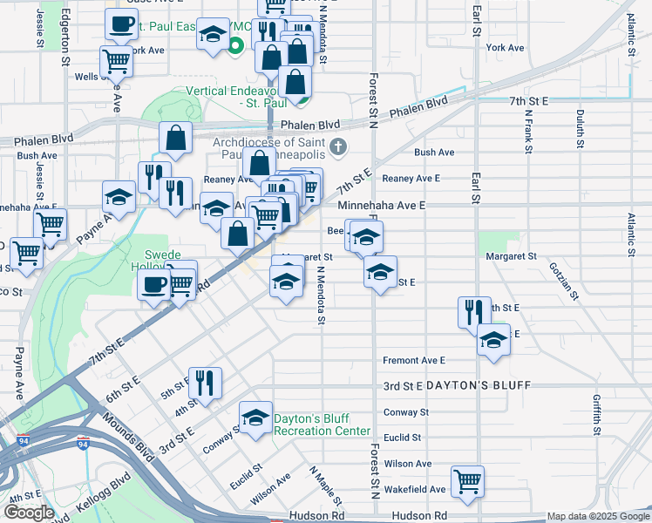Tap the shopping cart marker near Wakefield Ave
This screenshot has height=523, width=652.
tap(468, 480)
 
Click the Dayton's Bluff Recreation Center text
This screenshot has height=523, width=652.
tap(322, 425)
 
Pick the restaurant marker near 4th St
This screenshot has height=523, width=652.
tap(205, 382)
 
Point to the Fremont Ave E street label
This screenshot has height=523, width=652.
tap(413, 360)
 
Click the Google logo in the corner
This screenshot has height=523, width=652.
tap(29, 513)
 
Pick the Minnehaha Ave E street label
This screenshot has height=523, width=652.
tap(381, 205)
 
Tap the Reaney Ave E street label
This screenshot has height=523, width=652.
tap(411, 178)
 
